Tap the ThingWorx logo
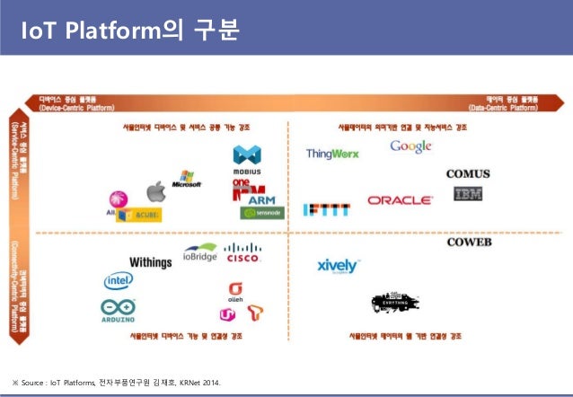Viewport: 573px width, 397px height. point(332,154)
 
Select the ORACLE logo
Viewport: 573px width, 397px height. point(399,200)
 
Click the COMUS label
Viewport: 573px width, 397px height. point(472,173)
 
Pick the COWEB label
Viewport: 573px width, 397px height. point(472,243)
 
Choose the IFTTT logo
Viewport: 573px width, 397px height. point(321,209)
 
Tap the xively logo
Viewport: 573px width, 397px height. point(338,266)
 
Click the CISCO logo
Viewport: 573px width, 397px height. point(242,253)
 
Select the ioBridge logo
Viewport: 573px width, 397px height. point(199,253)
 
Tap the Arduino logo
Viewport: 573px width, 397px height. point(119,310)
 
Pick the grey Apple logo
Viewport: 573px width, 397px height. point(156,190)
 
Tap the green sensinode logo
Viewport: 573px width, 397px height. point(261,214)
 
